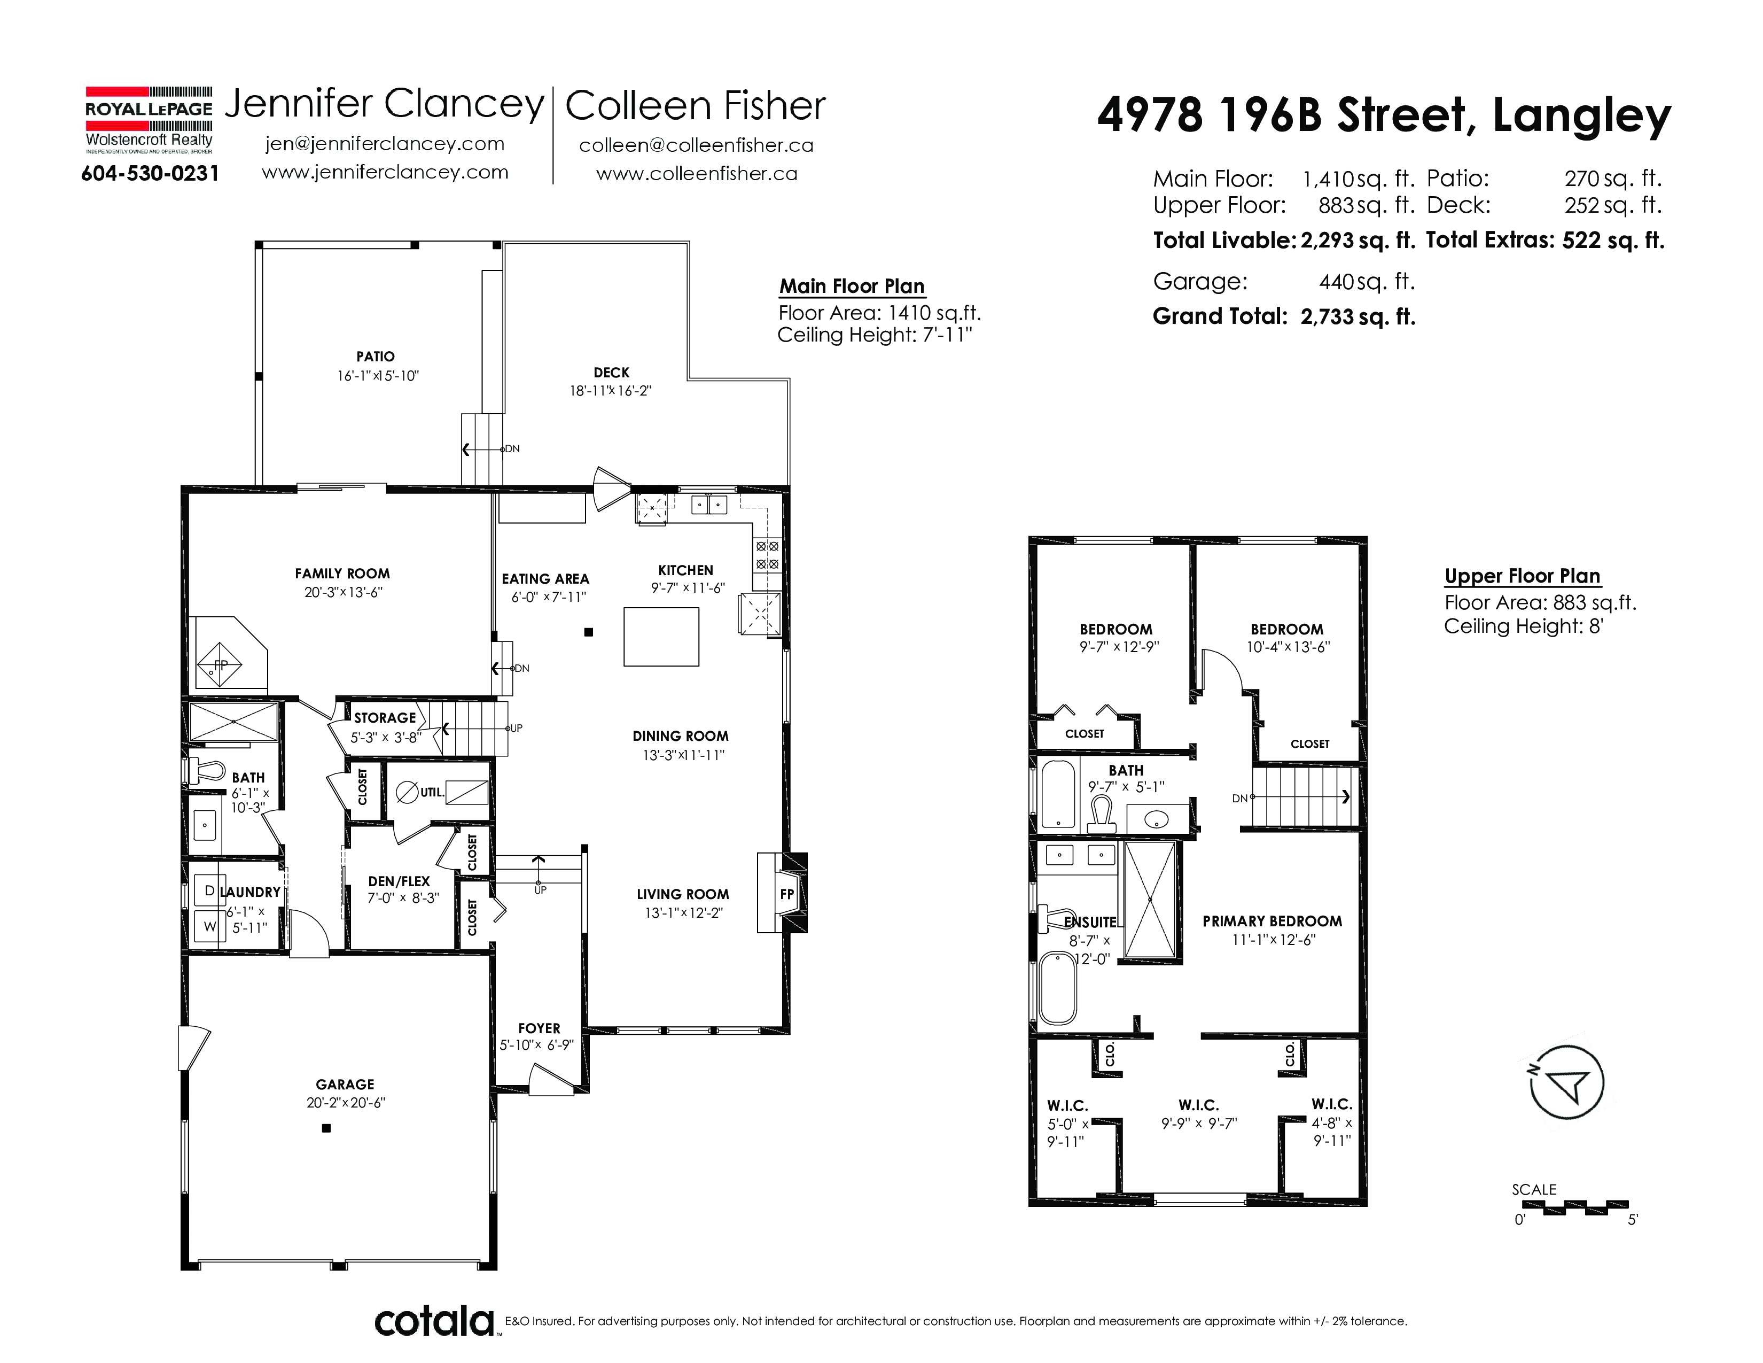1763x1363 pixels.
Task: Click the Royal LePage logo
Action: (150, 120)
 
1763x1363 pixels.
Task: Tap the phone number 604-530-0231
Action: (150, 174)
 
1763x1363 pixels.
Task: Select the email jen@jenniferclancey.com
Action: (385, 144)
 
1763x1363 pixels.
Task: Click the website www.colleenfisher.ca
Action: (697, 174)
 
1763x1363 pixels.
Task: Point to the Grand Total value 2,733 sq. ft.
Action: (1358, 316)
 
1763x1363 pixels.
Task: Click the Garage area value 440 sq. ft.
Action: (1367, 282)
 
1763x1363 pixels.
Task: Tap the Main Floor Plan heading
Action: (852, 286)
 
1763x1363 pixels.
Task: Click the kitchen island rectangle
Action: (661, 637)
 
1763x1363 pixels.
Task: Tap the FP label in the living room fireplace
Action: (787, 894)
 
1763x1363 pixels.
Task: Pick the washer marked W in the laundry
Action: (209, 927)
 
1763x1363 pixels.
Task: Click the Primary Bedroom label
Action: (1272, 921)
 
